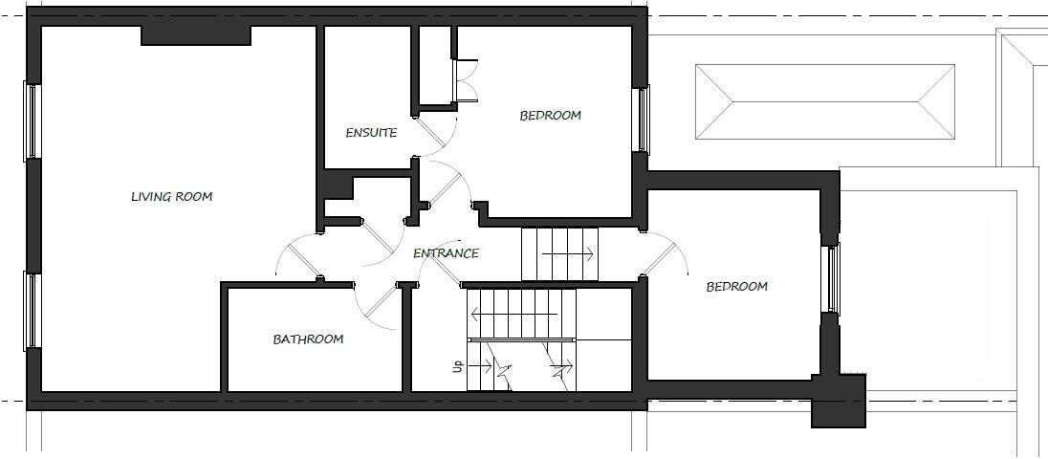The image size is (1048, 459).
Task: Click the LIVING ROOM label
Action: [171, 197]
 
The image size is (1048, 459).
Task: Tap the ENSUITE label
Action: [371, 133]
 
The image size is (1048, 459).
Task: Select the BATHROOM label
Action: [308, 339]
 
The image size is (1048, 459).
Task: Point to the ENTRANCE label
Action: [446, 253]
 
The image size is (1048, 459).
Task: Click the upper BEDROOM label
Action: [550, 116]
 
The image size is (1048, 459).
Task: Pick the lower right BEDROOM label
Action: [736, 286]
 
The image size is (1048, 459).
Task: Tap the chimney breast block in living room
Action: [196, 34]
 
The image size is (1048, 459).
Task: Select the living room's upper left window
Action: [31, 120]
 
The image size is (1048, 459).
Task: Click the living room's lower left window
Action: [31, 311]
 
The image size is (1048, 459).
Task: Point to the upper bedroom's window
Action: [644, 119]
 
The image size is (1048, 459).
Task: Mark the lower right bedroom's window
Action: [833, 279]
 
